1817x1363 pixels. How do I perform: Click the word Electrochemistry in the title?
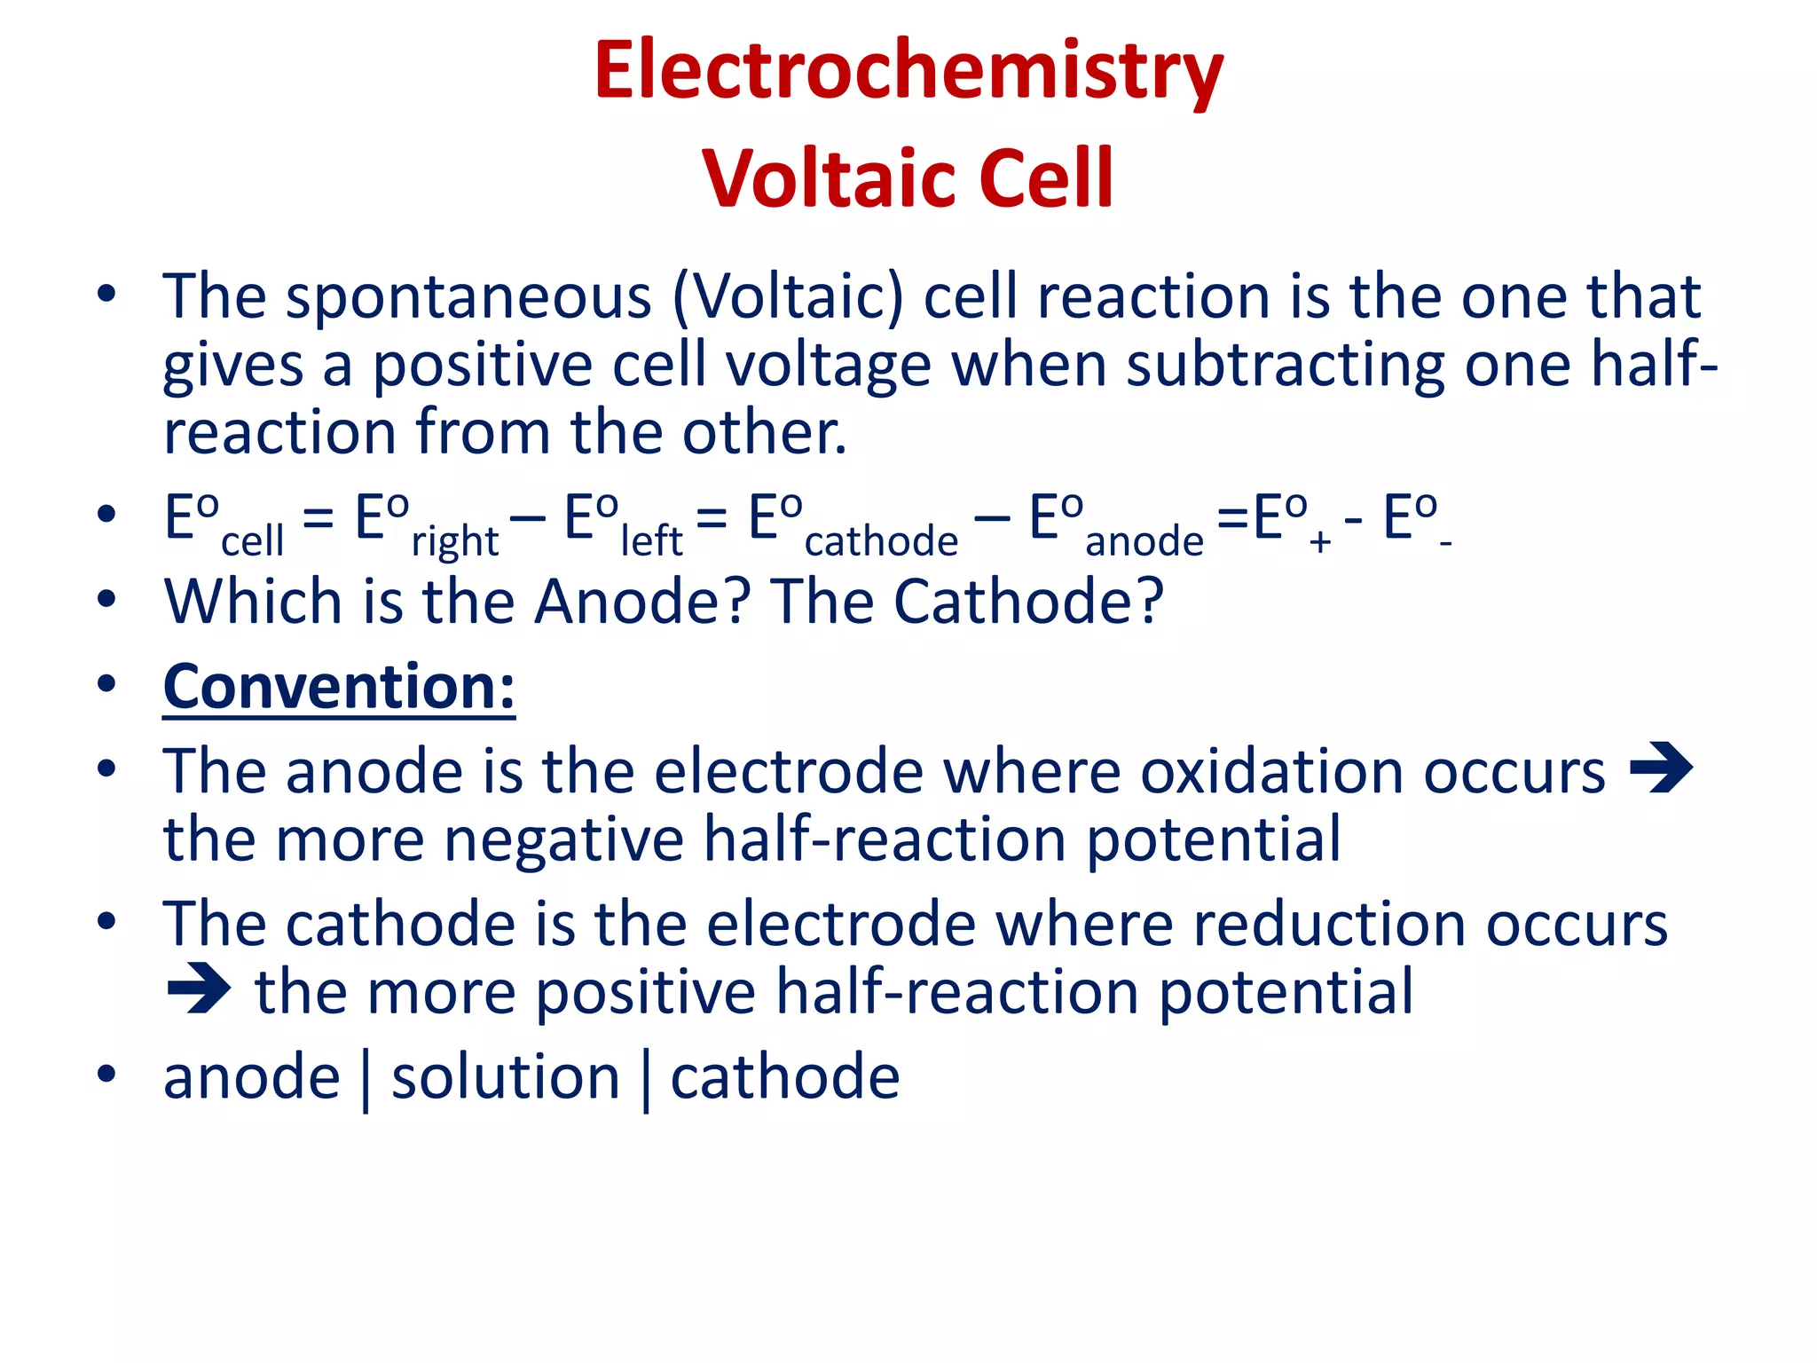click(908, 71)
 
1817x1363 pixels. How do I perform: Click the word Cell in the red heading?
click(1046, 178)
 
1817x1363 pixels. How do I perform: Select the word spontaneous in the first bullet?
click(468, 299)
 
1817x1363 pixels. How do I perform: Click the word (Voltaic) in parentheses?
click(788, 297)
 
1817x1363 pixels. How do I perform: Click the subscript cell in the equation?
click(252, 540)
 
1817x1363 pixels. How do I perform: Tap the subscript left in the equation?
click(651, 540)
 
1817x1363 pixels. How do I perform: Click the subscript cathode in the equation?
click(881, 540)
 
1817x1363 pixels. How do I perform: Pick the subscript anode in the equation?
click(1144, 540)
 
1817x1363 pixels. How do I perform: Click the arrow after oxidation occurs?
click(1662, 768)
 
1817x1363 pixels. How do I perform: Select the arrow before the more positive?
click(199, 988)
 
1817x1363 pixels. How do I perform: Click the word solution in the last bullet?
click(506, 1078)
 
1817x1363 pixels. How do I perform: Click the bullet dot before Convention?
click(106, 684)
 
